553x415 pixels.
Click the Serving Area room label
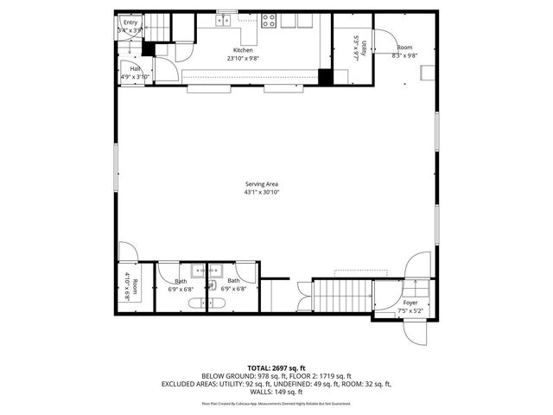[261, 184]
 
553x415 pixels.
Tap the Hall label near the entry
[136, 68]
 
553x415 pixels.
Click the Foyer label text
[410, 303]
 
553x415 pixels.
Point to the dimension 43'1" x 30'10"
[261, 191]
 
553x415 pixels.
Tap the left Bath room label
[181, 281]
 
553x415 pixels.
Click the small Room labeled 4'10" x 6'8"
[130, 285]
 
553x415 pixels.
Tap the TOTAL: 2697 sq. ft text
[276, 367]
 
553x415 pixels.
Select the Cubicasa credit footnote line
[276, 403]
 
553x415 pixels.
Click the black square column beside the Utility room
[325, 76]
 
